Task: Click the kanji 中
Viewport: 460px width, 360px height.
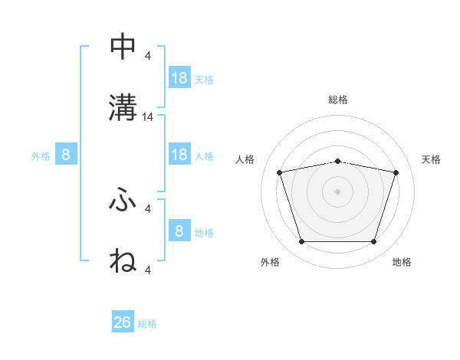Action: [x=123, y=47]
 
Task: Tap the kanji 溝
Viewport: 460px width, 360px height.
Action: [x=123, y=106]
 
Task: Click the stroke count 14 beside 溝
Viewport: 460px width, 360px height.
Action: [x=148, y=117]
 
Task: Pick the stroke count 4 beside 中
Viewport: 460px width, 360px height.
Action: [x=148, y=56]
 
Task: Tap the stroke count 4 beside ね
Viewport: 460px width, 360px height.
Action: [x=148, y=270]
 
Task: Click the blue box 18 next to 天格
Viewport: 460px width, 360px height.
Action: [x=179, y=78]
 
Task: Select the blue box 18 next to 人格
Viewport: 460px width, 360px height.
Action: [x=179, y=155]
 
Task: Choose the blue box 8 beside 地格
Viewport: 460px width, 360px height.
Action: [x=179, y=231]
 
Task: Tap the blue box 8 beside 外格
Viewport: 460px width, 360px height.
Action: [x=66, y=155]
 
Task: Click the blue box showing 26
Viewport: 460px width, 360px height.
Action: [x=123, y=322]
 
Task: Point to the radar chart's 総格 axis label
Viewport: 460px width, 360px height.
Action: [x=338, y=100]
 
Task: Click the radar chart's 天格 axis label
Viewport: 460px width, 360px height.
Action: [x=432, y=159]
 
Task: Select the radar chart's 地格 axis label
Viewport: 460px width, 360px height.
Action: [x=402, y=263]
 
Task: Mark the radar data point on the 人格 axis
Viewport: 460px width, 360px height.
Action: [x=280, y=172]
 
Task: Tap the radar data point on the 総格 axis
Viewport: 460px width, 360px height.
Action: [x=338, y=161]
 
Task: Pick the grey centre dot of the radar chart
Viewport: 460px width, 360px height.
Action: [x=338, y=191]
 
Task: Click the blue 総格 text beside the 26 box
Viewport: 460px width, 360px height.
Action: [x=147, y=324]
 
